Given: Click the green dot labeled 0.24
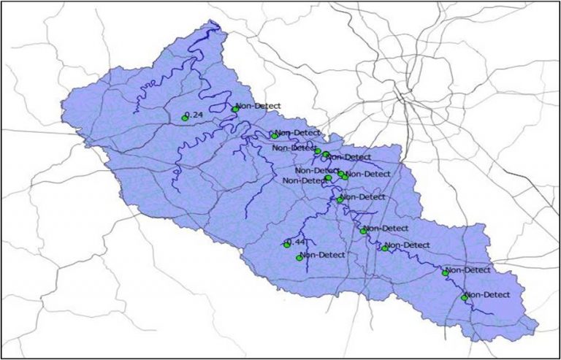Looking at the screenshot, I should coord(185,118).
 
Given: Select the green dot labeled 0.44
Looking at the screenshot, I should coord(287,245).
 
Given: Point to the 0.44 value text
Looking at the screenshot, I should coord(297,241).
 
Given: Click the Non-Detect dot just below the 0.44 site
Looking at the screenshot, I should coord(299,258).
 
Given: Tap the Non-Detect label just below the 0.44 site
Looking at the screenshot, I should coord(323,255).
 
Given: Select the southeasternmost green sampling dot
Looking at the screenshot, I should coord(464,298).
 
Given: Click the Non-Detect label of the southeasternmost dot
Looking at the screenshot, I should coord(487,294).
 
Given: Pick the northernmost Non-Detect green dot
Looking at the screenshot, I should coord(235,110).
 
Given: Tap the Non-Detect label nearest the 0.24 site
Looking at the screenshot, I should coord(258,106).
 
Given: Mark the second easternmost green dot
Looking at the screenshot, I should coord(445,273).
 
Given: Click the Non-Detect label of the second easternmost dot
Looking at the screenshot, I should coord(468,269).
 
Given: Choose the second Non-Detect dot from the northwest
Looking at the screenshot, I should coord(275,135).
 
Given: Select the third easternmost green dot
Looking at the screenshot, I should coord(385,248).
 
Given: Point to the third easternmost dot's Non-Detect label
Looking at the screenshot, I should coord(408,245).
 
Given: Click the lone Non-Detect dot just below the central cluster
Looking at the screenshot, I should coord(340,199).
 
